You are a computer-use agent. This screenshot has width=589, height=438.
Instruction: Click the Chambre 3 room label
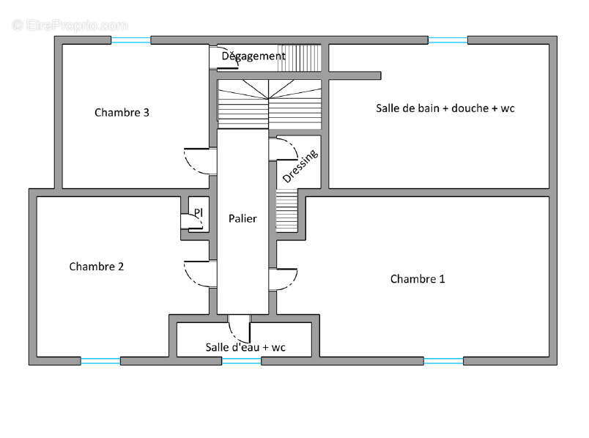(x=122, y=112)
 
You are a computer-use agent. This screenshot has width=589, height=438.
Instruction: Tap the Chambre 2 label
(x=97, y=267)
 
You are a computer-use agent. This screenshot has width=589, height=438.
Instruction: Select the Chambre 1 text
(x=418, y=279)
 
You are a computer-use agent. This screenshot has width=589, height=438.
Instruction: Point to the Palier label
(x=242, y=218)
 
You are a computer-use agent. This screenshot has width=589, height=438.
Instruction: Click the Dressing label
(x=300, y=166)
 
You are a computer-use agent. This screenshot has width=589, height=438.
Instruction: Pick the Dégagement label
(x=253, y=56)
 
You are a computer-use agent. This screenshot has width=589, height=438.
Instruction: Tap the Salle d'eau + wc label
(x=245, y=347)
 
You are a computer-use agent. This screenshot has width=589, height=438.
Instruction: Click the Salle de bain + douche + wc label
(x=445, y=108)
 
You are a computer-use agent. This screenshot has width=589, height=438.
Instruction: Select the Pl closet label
(x=199, y=212)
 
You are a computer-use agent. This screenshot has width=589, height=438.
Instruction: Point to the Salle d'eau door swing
(x=234, y=334)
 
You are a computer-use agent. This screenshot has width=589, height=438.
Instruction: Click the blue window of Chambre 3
(x=130, y=40)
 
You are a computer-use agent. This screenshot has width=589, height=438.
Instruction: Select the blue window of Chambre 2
(x=100, y=361)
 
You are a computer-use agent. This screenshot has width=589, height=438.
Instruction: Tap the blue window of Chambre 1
(x=443, y=361)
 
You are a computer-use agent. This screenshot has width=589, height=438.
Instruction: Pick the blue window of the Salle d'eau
(x=242, y=361)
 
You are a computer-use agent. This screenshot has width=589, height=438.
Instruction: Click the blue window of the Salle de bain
(x=448, y=40)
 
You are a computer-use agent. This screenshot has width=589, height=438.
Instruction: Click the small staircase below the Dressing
(x=286, y=210)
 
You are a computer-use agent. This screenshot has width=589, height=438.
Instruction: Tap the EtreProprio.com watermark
(x=70, y=25)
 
